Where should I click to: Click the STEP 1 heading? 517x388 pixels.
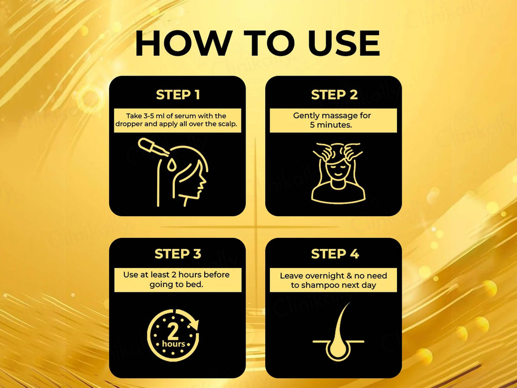point(177,95)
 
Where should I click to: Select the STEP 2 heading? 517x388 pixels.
point(334,95)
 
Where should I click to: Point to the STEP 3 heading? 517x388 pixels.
point(177,254)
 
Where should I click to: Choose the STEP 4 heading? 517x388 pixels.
point(334,254)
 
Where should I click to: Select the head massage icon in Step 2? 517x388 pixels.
point(333,171)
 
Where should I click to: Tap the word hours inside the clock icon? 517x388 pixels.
point(173,344)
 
